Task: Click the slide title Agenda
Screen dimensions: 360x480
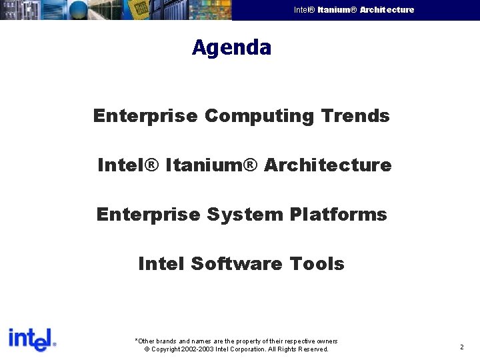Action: tap(231, 48)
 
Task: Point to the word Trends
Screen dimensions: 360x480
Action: tap(355, 116)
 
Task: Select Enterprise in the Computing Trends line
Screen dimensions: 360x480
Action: tap(145, 116)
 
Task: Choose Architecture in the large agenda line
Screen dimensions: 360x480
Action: tap(328, 165)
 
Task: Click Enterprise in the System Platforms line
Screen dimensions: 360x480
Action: tap(148, 215)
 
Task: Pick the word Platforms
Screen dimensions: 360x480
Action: tap(339, 215)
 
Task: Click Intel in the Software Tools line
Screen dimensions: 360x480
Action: tap(161, 264)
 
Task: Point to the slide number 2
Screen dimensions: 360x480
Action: tap(461, 347)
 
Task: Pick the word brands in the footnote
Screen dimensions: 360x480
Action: tap(164, 341)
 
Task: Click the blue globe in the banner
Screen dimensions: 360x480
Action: tap(79, 10)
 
